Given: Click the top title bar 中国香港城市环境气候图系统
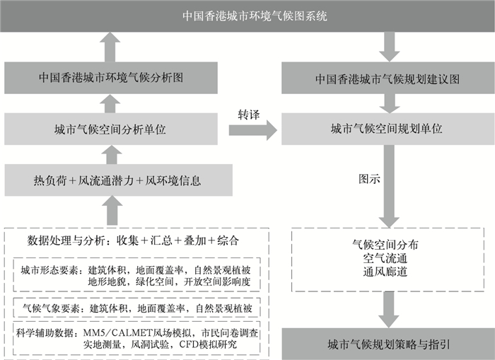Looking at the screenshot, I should pos(248,15).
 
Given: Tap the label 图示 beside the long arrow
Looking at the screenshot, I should pos(369,179).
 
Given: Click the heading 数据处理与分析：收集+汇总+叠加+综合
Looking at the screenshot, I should pos(133,240).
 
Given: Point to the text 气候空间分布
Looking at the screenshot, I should pos(386,244).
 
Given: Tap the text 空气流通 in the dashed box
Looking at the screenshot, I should pos(386,257).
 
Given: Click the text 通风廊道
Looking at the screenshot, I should pos(386,271).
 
